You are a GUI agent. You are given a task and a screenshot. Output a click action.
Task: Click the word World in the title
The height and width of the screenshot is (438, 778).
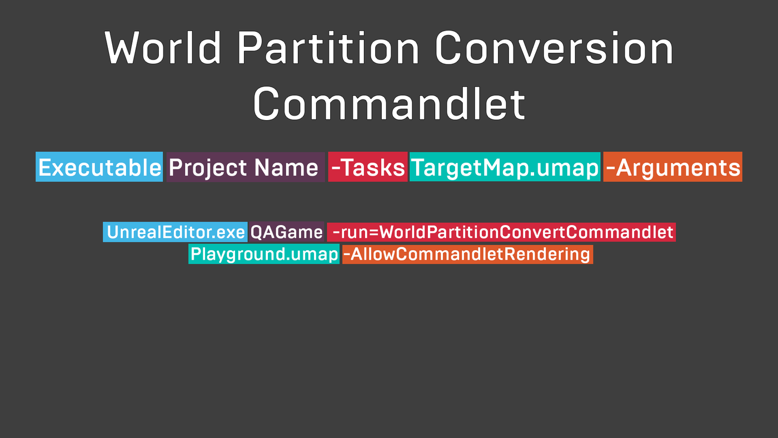tap(162, 48)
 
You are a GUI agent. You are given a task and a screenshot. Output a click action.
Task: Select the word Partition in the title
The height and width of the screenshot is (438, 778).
tap(328, 48)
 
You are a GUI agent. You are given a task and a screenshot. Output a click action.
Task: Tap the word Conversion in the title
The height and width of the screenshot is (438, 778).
tap(554, 48)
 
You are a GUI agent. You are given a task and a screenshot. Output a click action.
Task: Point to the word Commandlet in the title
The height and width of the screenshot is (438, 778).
tap(389, 103)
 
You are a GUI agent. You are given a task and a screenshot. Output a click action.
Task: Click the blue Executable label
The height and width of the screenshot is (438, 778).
tap(99, 167)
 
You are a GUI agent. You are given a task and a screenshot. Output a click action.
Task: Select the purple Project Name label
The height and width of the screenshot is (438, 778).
tap(246, 167)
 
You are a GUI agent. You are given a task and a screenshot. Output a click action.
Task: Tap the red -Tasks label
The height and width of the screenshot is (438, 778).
tap(368, 167)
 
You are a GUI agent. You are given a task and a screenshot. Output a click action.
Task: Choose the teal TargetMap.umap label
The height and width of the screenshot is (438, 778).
tap(505, 167)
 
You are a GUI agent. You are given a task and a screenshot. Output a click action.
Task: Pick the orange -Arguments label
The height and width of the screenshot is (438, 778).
tap(673, 167)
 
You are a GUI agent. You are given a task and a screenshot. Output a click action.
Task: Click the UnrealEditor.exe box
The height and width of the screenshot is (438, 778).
tap(175, 232)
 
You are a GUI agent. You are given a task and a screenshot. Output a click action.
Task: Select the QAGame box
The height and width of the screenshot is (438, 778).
tap(287, 232)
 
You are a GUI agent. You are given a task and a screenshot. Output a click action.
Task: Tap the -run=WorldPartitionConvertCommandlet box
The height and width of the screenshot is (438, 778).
tap(501, 232)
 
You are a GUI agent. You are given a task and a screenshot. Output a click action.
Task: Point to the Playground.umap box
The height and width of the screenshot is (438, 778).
tap(264, 254)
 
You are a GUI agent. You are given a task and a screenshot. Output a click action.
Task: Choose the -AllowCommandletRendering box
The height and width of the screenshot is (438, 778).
tap(467, 254)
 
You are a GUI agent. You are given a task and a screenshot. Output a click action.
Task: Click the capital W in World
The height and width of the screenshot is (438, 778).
tap(122, 48)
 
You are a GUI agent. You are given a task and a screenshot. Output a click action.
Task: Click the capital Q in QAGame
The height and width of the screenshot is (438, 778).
tap(257, 232)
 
